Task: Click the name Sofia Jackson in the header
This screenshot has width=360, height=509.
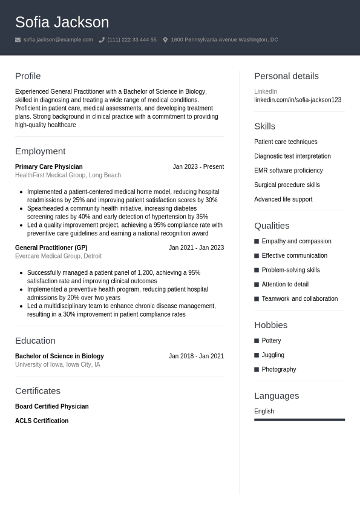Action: click(x=62, y=22)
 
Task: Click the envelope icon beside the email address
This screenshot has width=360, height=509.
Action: click(x=18, y=40)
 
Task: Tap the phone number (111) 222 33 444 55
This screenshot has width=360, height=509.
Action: click(x=131, y=40)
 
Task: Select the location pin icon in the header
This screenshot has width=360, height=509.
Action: click(x=165, y=40)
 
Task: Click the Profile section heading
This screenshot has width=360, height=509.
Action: click(x=28, y=76)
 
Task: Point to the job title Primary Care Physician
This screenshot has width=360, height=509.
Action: click(x=48, y=166)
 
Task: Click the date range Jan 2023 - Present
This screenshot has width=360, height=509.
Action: click(x=198, y=166)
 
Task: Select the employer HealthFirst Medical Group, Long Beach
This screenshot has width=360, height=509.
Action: click(x=68, y=175)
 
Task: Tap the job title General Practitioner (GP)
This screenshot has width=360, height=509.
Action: click(x=51, y=248)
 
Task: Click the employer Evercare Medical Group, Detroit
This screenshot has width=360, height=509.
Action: click(x=58, y=256)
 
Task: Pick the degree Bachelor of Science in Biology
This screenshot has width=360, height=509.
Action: click(x=59, y=356)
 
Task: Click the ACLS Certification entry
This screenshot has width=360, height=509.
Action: click(x=42, y=421)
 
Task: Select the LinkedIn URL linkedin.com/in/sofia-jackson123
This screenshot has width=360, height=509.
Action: click(x=297, y=100)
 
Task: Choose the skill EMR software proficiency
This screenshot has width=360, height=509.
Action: click(x=288, y=171)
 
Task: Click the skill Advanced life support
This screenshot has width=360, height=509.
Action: click(x=283, y=199)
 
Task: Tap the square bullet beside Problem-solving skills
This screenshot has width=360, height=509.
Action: click(x=257, y=270)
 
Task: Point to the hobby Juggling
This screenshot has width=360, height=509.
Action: click(x=272, y=355)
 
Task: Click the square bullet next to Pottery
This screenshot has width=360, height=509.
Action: click(x=257, y=341)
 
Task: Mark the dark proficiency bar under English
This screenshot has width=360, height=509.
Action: click(x=299, y=419)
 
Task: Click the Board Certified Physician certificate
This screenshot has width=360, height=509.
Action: click(x=51, y=406)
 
